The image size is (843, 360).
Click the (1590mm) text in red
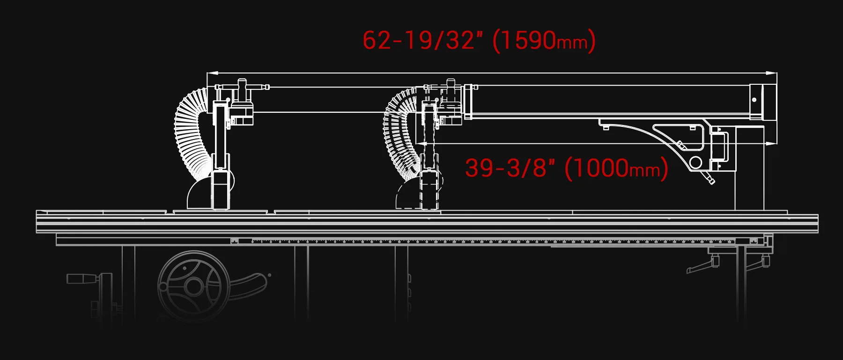coord(543,40)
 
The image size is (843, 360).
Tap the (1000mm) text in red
coord(616,168)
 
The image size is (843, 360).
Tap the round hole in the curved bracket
coord(695,162)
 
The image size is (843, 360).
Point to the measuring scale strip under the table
coord(468,242)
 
